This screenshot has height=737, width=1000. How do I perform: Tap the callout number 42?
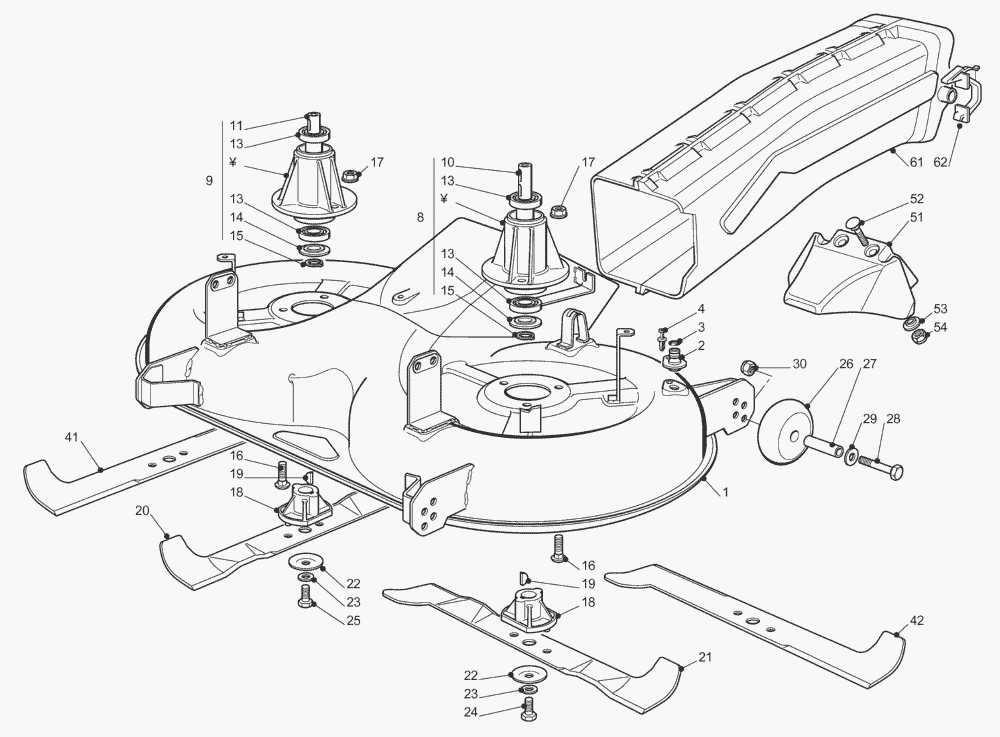pos(917,620)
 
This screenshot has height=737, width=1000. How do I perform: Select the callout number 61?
pos(917,161)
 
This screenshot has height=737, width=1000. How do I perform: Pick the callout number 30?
pos(798,364)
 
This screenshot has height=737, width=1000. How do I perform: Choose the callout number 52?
pos(917,198)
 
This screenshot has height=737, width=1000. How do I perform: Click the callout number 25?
pos(353,621)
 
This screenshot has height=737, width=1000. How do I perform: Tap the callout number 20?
pos(143,510)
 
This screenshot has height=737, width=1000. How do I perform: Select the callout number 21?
pos(706,657)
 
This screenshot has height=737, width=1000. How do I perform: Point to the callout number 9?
pos(209,181)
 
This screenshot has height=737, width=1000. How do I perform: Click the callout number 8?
pos(420,217)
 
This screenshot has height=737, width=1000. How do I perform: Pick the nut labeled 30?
pos(748,368)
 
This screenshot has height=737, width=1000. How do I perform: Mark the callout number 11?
pos(237,126)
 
